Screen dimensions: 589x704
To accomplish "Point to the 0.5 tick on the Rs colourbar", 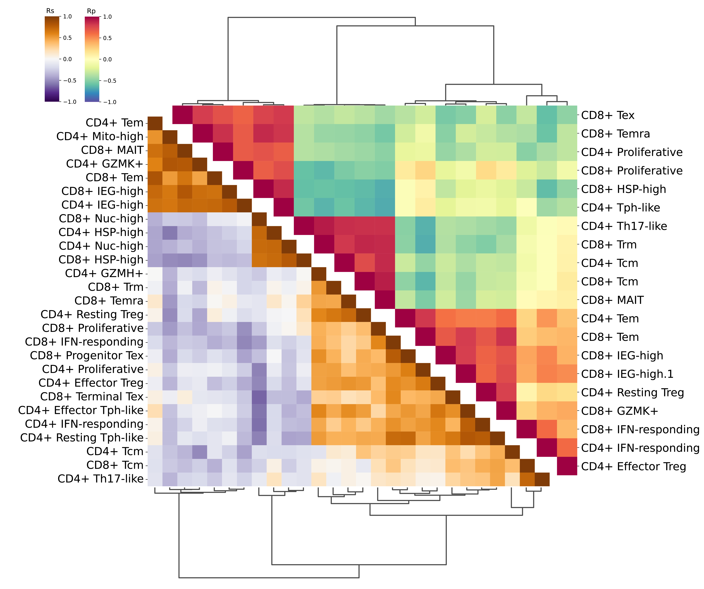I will [x=67, y=38].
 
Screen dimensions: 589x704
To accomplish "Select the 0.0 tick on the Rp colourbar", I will [x=107, y=59].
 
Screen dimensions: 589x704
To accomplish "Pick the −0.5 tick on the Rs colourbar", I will [x=69, y=80].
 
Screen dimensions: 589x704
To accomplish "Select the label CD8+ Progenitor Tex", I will [x=86, y=355].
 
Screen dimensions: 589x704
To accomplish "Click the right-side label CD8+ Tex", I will [x=608, y=115].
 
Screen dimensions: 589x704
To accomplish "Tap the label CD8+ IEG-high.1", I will [x=627, y=374].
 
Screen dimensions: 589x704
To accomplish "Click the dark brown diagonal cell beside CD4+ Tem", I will [x=155, y=123].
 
